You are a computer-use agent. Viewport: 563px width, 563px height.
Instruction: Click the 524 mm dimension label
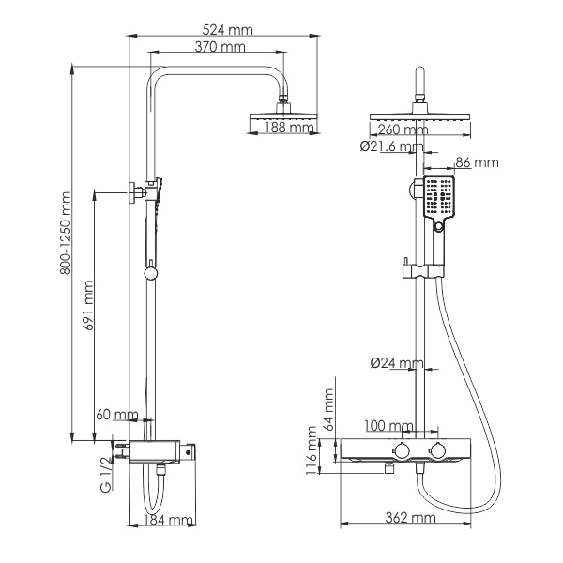227,30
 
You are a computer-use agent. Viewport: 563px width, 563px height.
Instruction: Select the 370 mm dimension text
220,47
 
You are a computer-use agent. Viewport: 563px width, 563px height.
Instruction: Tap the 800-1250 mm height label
66,234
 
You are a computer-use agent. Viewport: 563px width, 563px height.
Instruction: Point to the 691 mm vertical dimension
88,305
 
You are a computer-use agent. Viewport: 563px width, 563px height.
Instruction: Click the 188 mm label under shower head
289,128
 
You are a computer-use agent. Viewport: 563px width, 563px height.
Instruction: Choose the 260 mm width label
403,129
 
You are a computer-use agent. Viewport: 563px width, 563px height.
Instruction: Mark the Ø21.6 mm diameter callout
392,146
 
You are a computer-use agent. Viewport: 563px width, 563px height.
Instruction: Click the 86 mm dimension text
478,162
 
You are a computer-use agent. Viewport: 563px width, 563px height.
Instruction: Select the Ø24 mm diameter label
397,363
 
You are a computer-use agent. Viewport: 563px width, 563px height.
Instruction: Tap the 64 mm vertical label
329,410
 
